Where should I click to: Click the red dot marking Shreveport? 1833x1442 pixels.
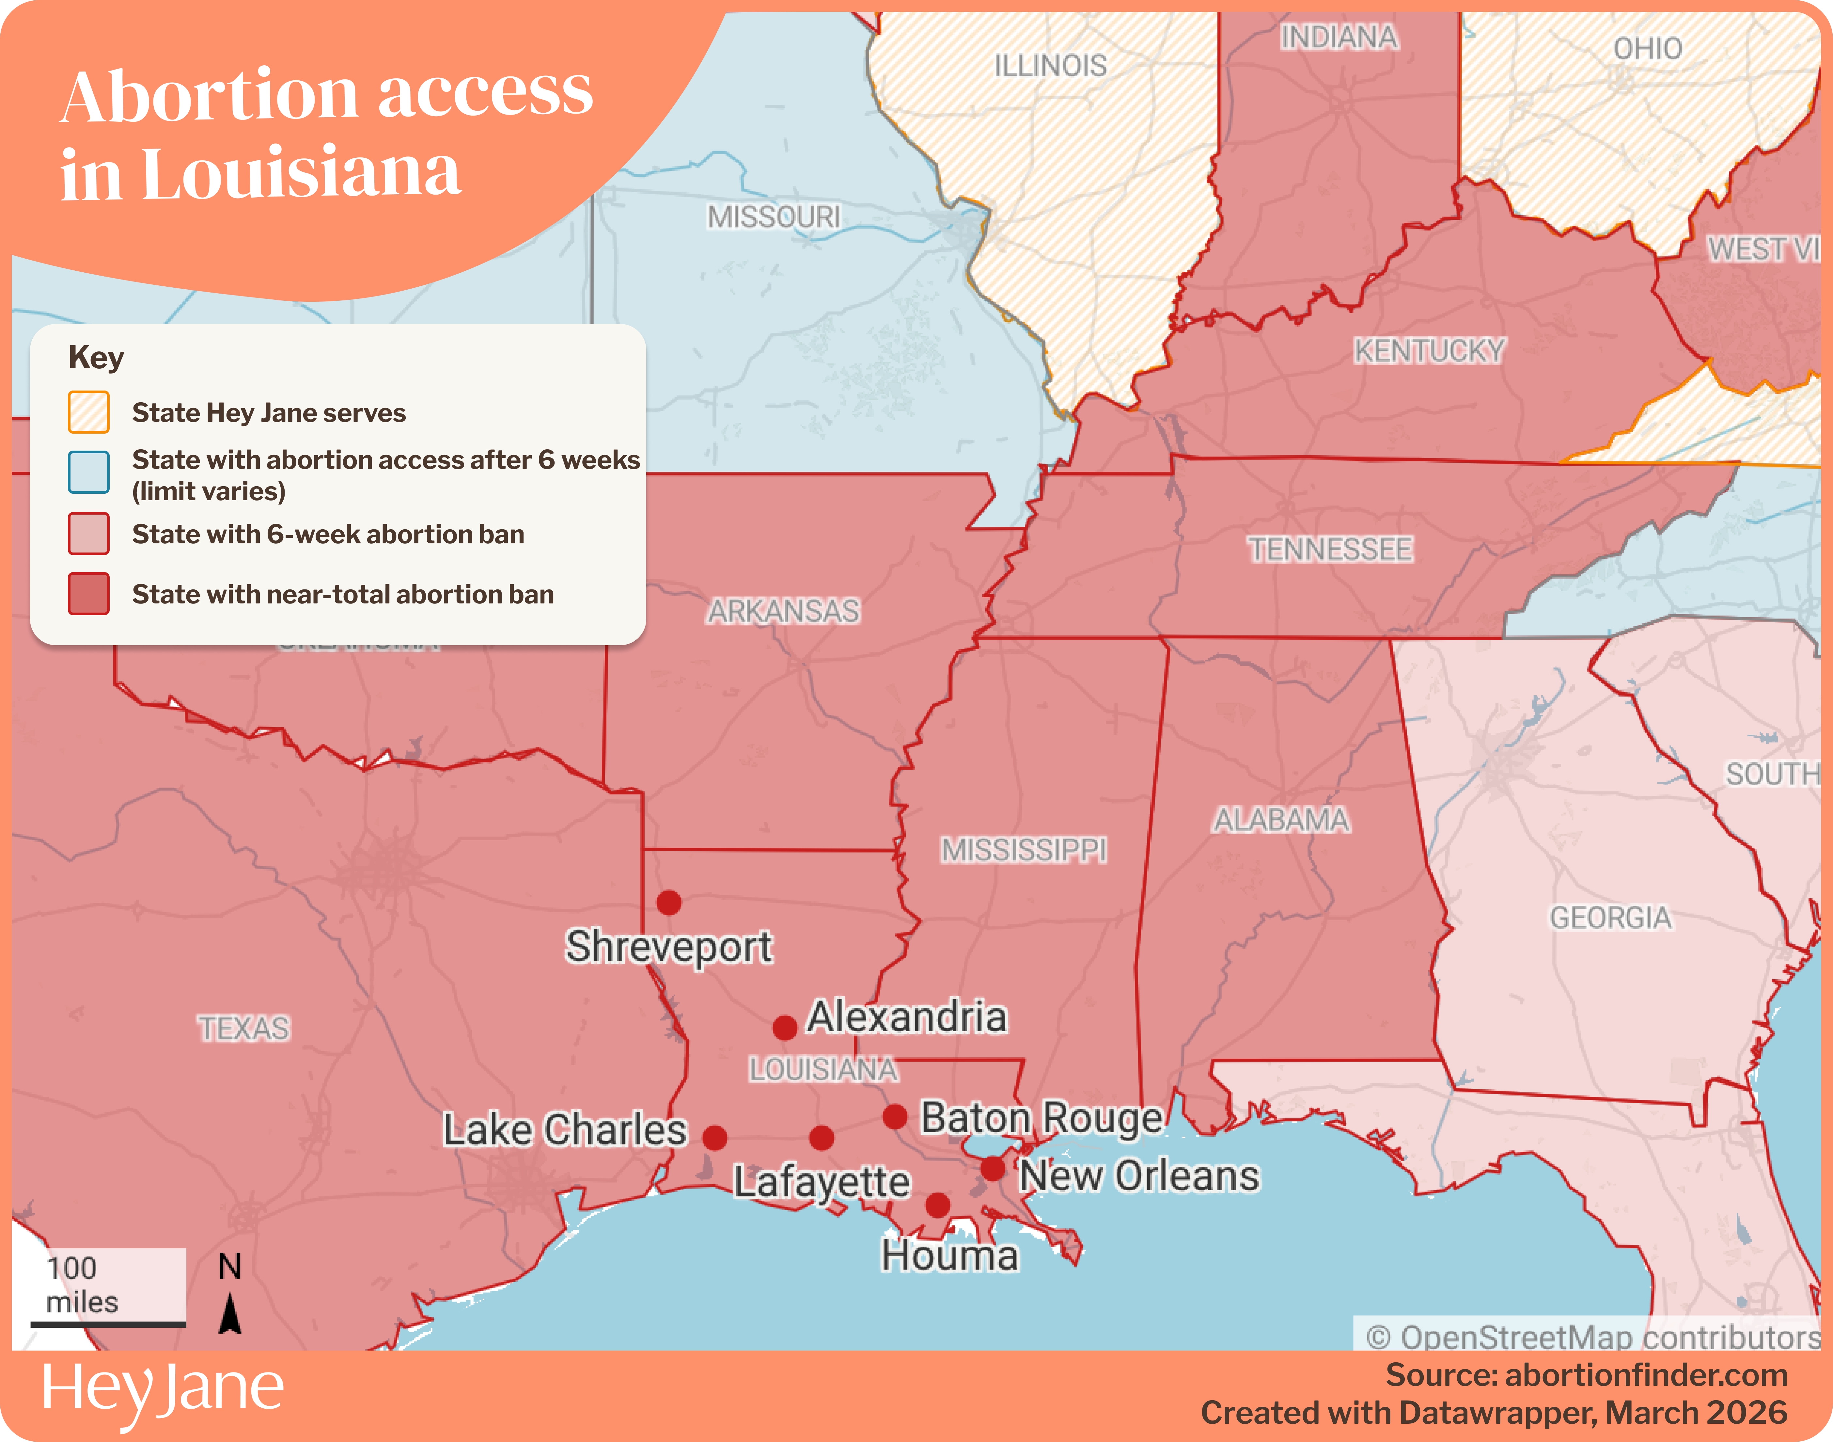pos(668,903)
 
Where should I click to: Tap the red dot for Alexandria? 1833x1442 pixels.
pos(785,1028)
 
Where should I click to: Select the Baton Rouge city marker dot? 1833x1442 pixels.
pos(895,1117)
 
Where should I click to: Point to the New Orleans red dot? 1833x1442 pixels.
pos(993,1169)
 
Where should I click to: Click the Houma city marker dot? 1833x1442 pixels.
pos(938,1205)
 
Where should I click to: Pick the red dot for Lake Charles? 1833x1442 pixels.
pos(715,1138)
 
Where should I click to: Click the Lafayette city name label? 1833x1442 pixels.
pos(821,1182)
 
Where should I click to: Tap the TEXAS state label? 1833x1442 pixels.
pos(244,1028)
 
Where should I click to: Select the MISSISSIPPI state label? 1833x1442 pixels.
pos(1024,849)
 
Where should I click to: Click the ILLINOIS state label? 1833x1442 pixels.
pos(1050,66)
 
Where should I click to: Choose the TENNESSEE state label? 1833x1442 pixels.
pos(1330,550)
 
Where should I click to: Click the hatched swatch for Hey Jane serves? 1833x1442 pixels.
pos(88,412)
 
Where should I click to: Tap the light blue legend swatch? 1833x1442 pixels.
pos(88,472)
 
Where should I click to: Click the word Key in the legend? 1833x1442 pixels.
pos(96,357)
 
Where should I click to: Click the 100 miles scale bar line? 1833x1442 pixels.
pos(108,1324)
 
